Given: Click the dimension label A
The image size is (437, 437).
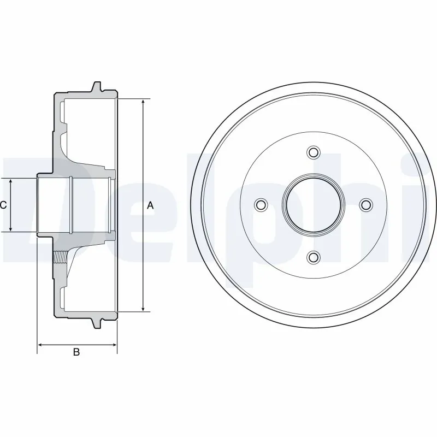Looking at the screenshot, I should [x=150, y=206].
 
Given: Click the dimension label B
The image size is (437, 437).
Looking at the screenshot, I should [x=76, y=352].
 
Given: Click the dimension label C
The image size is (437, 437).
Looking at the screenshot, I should [x=3, y=205].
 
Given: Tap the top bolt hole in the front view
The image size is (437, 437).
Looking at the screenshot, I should [x=313, y=152].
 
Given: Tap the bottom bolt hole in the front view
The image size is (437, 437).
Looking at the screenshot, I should [x=313, y=257].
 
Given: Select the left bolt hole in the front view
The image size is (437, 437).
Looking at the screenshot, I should [x=261, y=204].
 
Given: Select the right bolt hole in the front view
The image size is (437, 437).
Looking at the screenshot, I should [x=365, y=204].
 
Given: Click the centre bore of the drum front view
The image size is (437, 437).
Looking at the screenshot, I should [x=313, y=204].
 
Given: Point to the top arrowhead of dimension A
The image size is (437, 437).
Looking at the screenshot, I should [x=143, y=103].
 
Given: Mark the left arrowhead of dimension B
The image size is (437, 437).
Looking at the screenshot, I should [x=40, y=345].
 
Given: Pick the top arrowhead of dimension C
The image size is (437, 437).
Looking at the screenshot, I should [x=11, y=181].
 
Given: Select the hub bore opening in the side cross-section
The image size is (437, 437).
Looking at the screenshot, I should [x=55, y=205].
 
